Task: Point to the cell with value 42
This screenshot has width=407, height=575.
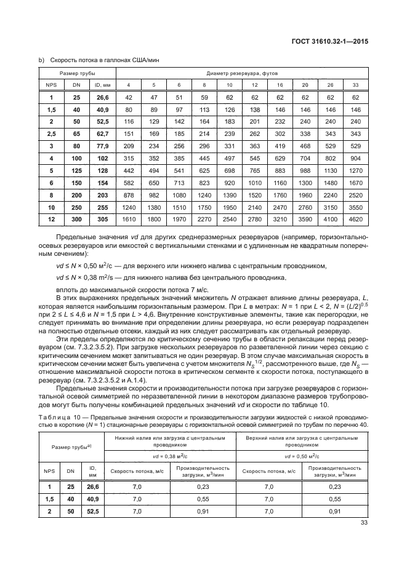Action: [128, 97]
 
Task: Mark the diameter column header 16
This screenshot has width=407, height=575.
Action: [280, 85]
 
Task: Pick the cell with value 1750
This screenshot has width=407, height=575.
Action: [204, 208]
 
